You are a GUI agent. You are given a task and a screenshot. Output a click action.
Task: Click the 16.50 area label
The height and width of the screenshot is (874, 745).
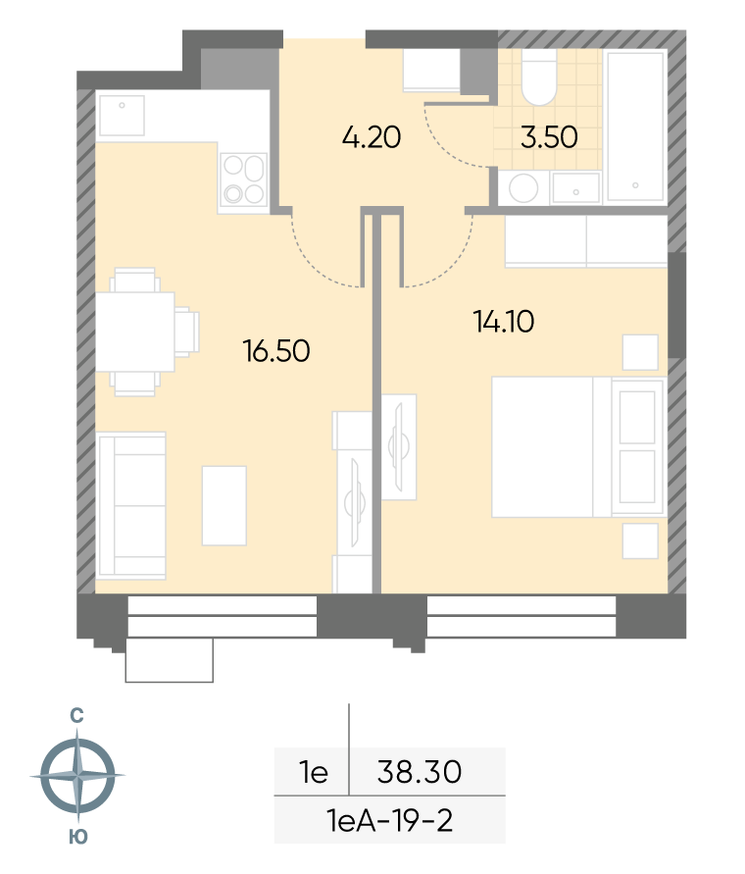(276, 351)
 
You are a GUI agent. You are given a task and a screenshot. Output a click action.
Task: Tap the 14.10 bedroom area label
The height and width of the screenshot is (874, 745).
(504, 322)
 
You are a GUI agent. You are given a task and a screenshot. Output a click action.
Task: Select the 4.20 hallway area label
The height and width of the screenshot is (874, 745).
(372, 137)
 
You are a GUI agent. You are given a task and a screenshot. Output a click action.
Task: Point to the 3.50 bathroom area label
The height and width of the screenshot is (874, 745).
(549, 137)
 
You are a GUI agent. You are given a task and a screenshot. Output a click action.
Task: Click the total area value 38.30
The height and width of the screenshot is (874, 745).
(420, 772)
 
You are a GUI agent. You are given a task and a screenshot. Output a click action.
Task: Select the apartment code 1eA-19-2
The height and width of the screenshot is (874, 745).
(390, 820)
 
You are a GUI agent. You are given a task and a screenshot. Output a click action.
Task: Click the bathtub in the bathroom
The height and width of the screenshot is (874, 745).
(636, 126)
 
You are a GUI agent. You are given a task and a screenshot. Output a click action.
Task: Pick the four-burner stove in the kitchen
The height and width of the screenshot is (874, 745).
(243, 179)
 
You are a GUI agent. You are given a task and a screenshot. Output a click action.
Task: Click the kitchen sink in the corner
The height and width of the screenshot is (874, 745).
(122, 115)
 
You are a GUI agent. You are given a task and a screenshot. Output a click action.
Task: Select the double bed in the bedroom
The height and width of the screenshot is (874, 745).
(578, 447)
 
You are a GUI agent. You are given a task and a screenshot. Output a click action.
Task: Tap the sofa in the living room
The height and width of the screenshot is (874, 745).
(131, 505)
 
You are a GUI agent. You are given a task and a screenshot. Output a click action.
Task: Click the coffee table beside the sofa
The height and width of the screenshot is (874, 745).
(224, 505)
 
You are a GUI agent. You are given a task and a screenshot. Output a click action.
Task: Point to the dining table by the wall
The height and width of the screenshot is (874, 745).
(135, 333)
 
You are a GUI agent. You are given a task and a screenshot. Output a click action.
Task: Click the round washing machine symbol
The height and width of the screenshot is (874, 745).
(523, 187)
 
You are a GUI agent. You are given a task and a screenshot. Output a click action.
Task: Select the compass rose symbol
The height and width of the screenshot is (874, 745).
(78, 775)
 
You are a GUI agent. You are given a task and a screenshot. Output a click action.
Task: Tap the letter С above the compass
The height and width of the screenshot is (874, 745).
(76, 715)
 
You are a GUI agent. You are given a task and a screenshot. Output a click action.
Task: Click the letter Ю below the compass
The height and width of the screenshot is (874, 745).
(78, 836)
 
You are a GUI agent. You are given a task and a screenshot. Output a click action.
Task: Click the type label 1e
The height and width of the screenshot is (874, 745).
(314, 772)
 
